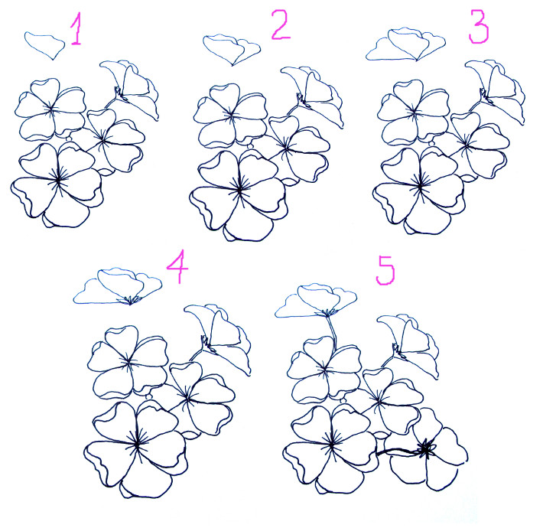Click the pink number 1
pos(77,29)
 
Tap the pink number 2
pos(281,24)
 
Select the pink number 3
pos(479,26)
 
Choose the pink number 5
pos(385,270)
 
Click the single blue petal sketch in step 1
pos(44,45)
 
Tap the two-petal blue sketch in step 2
pos(231,50)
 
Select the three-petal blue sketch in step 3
pos(406,44)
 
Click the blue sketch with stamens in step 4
pos(118,287)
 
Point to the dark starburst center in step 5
pos(425,449)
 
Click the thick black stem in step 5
pos(398,451)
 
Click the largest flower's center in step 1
pos(58,180)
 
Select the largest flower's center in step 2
pos(239,190)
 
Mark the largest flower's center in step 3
pos(421,187)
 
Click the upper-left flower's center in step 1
pos(51,109)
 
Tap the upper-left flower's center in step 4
pos(128,363)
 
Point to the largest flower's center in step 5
pos(331,445)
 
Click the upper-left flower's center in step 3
pos(415,112)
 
